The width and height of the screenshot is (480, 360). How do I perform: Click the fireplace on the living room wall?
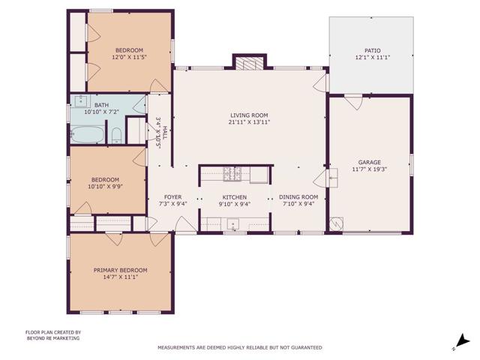click(250, 64)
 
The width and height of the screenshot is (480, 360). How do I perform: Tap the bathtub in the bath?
click(88, 135)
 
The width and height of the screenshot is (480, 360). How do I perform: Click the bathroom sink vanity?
click(82, 102)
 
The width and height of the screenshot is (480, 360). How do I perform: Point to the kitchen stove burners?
click(232, 175)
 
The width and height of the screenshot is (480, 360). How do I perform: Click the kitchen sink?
click(233, 223)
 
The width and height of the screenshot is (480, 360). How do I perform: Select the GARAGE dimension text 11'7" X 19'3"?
click(369, 169)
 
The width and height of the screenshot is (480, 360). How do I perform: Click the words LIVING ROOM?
click(249, 115)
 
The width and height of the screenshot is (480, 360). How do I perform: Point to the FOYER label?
click(173, 196)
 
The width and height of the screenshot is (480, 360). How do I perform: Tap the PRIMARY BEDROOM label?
click(120, 270)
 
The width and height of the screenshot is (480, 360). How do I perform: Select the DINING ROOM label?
click(300, 196)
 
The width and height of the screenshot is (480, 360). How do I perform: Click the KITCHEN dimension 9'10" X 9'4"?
click(234, 203)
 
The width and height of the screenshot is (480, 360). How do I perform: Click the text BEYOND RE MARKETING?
click(52, 338)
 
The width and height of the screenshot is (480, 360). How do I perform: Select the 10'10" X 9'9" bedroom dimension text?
click(105, 186)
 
